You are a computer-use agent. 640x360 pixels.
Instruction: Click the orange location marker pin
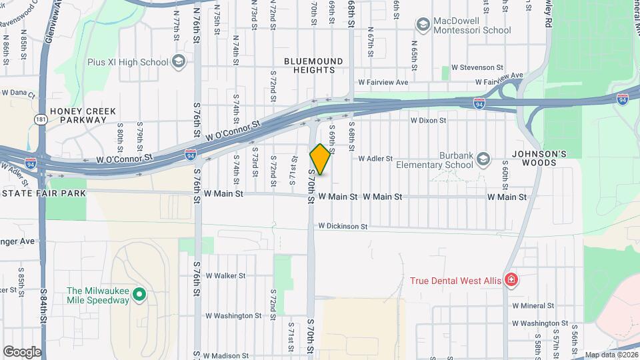click(x=321, y=159)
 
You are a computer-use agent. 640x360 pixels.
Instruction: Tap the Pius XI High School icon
click(x=178, y=62)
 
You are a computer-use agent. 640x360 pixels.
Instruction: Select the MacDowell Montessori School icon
click(x=422, y=25)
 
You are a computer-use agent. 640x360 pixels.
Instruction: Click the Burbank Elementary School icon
click(x=483, y=159)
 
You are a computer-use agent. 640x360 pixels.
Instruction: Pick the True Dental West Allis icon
click(x=511, y=280)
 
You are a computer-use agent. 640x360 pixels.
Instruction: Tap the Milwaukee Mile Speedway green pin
click(x=139, y=294)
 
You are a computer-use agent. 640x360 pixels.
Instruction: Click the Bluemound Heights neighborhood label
click(x=313, y=65)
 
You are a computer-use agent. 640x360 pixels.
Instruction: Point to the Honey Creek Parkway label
click(x=83, y=115)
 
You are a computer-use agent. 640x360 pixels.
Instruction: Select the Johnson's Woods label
click(x=539, y=158)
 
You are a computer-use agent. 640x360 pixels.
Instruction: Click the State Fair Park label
click(x=43, y=193)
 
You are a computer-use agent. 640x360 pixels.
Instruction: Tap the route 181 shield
click(x=41, y=119)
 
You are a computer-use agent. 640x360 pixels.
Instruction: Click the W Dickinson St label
click(x=343, y=227)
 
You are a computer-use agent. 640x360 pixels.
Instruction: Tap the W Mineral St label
click(x=533, y=305)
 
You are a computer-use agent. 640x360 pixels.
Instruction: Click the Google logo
click(x=22, y=351)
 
